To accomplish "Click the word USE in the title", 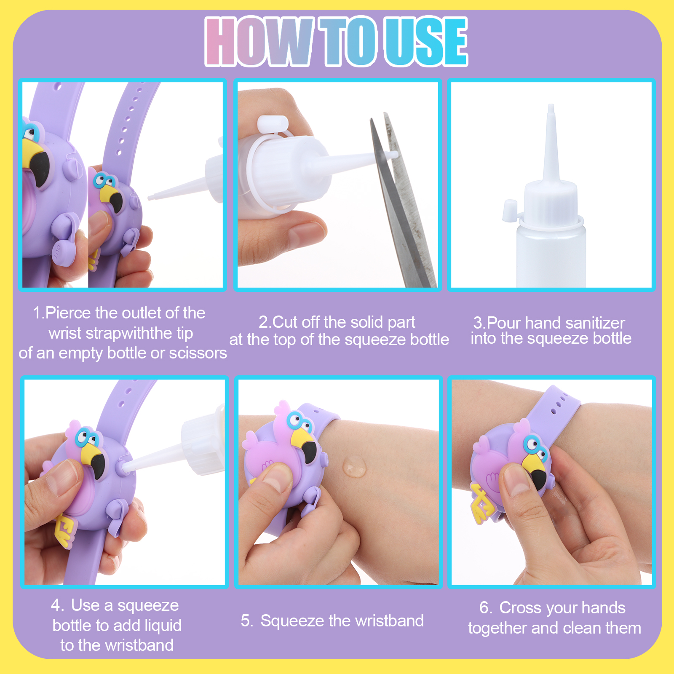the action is click(x=426, y=41).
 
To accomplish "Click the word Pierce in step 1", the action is click(x=68, y=313).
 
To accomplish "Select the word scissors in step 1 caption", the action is click(x=198, y=353).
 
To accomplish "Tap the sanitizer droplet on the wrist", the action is click(x=354, y=466).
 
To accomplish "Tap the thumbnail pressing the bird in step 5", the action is click(x=276, y=479).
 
